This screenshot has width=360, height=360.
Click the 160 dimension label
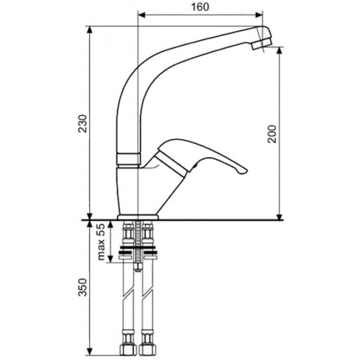(x=200, y=7)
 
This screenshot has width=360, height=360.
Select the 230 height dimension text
(x=83, y=123)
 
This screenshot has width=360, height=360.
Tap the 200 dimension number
(x=272, y=134)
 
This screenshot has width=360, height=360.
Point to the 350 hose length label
(x=83, y=287)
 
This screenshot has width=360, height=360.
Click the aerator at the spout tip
(x=262, y=44)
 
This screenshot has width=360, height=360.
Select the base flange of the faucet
(x=138, y=217)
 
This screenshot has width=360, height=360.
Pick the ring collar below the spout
(x=128, y=159)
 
